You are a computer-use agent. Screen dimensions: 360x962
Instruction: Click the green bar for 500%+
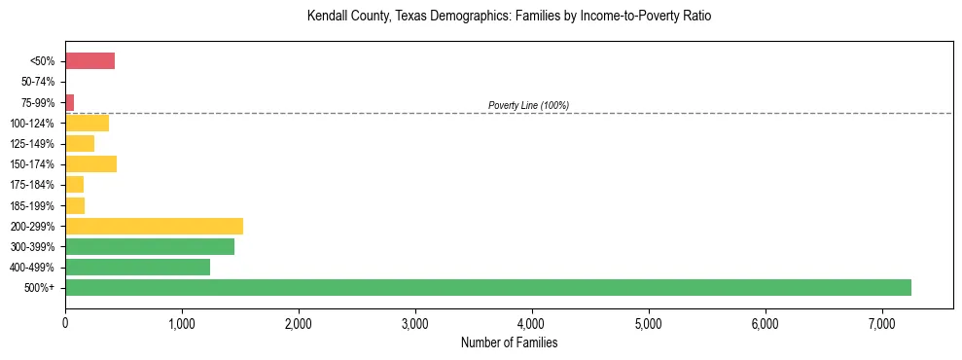point(487,287)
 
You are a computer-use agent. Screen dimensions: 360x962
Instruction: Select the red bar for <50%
point(89,61)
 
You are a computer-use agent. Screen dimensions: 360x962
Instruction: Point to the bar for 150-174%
point(90,163)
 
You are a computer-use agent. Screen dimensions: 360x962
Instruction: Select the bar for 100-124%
point(87,123)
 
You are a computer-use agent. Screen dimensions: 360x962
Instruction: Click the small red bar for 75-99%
point(69,102)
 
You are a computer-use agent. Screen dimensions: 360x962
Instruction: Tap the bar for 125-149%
point(80,143)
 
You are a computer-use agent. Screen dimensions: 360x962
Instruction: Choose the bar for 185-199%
point(75,205)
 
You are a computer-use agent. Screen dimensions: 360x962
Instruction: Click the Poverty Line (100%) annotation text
point(528,105)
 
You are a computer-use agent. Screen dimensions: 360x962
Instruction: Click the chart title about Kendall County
point(509,17)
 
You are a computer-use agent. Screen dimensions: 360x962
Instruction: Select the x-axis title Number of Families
point(509,342)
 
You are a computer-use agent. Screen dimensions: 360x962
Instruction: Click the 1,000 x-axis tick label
point(182,322)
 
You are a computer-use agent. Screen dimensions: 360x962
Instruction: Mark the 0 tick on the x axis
point(65,322)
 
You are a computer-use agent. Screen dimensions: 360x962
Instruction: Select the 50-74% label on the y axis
point(38,82)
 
